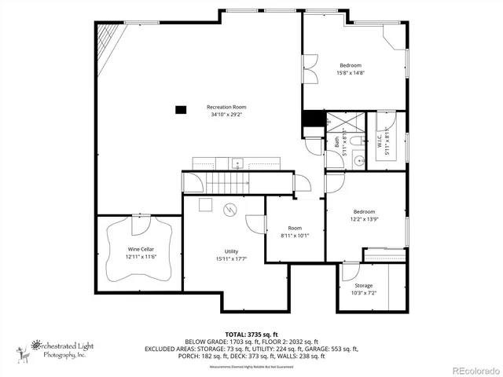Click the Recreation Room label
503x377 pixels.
click(x=227, y=107)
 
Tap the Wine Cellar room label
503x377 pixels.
click(x=131, y=249)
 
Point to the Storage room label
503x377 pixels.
click(x=363, y=285)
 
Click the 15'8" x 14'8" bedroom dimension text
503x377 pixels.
click(x=351, y=73)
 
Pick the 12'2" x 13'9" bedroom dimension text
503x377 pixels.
click(x=364, y=220)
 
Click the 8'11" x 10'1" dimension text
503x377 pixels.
click(x=296, y=235)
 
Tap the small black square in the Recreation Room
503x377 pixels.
click(x=180, y=109)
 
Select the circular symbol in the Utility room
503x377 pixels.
click(x=230, y=209)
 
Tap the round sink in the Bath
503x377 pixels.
click(x=358, y=161)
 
